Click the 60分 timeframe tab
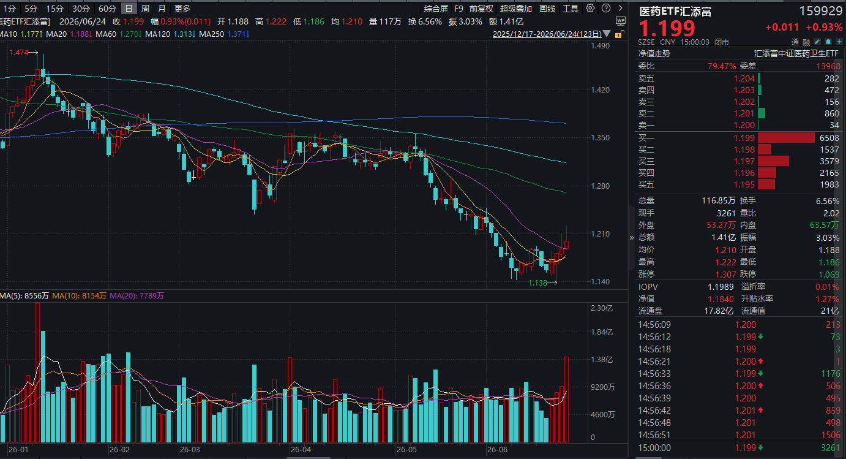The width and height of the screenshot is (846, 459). click(107, 9)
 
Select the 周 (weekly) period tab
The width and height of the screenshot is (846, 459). click(146, 9)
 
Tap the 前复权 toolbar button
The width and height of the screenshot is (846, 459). click(481, 9)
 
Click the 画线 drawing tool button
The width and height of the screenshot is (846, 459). click(547, 9)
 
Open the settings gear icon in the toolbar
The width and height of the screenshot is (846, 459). click(590, 8)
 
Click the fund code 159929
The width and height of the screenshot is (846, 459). click(820, 11)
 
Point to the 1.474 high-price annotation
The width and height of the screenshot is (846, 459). click(19, 53)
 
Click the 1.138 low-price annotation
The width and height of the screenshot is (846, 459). click(537, 283)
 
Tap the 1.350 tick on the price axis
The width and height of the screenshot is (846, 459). click(600, 138)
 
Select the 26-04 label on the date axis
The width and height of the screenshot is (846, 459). click(301, 450)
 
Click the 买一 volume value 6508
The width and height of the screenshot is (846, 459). click(829, 138)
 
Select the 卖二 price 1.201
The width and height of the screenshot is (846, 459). click(744, 113)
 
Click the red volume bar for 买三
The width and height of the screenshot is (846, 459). click(773, 161)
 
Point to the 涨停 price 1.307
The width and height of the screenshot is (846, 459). click(725, 274)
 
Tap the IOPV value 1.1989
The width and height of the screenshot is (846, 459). click(721, 287)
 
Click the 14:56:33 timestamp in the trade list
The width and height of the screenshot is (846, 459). click(654, 374)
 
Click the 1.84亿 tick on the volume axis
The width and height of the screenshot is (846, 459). click(602, 332)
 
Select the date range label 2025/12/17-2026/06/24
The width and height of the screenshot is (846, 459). click(547, 34)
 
